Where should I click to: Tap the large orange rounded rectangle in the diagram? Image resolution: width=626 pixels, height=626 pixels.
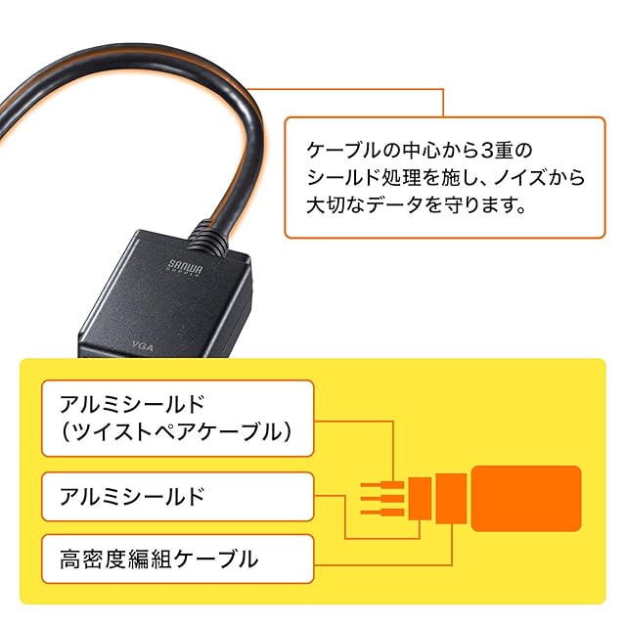point(526,498)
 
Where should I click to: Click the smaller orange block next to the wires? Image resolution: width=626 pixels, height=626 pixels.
point(419,498)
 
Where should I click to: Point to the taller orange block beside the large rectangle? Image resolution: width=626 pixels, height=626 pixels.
point(451,498)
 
